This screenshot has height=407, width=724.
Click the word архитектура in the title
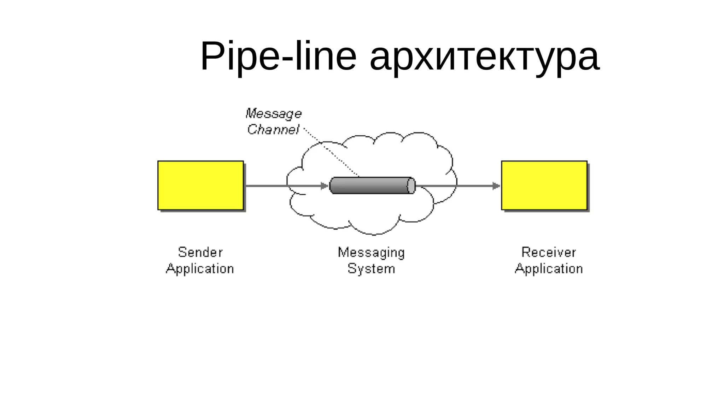click(484, 57)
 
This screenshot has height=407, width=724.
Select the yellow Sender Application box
click(200, 185)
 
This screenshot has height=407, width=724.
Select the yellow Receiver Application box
click(544, 185)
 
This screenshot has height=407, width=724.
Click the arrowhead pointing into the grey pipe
click(325, 185)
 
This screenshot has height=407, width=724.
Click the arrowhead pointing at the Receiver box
click(496, 185)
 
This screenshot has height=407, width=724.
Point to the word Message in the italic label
click(274, 114)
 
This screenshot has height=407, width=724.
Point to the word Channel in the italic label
click(273, 130)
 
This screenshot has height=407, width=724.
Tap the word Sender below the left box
click(200, 252)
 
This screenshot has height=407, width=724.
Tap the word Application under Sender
click(200, 269)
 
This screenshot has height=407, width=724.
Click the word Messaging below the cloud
click(371, 252)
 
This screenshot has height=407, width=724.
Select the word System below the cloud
click(371, 269)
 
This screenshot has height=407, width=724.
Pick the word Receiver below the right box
click(548, 252)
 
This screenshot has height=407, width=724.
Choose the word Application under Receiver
click(548, 269)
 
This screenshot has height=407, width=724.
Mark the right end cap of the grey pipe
click(411, 185)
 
